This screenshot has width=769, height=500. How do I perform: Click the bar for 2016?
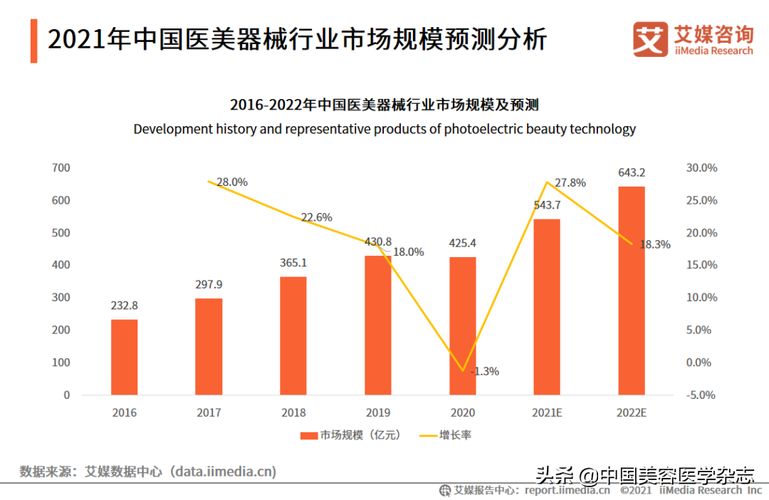[x=124, y=357]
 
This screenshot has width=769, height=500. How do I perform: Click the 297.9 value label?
[x=209, y=284]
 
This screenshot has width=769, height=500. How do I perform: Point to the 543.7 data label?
[x=547, y=205]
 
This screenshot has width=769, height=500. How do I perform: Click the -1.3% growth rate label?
[x=485, y=371]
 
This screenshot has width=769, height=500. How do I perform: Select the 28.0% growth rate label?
[x=232, y=182]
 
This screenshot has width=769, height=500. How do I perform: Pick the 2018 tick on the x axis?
[x=293, y=412]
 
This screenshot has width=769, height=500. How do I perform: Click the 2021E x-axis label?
[x=547, y=412]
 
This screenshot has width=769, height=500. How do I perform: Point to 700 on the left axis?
[x=61, y=168]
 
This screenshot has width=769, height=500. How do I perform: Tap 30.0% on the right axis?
[x=701, y=168]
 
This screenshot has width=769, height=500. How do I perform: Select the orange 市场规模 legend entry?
[x=350, y=435]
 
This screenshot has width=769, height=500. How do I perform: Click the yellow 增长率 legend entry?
[x=446, y=435]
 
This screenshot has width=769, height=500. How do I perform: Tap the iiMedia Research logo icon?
[x=650, y=39]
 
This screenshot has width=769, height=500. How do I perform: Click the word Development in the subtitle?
[x=172, y=129]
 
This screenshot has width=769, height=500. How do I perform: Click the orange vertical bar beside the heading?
[x=33, y=41]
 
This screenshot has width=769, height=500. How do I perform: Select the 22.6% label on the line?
[x=316, y=217]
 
